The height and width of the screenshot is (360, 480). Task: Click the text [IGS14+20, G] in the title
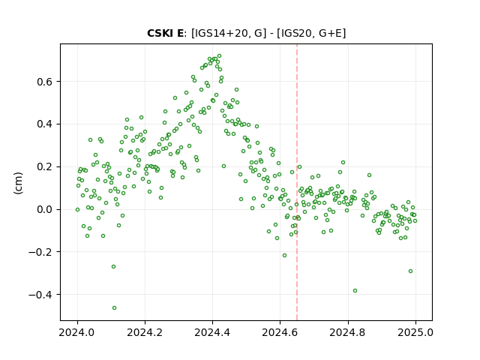226,33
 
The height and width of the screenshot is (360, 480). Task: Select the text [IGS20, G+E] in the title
311,33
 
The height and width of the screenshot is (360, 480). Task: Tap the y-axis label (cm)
18,183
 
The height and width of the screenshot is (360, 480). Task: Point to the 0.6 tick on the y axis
44,82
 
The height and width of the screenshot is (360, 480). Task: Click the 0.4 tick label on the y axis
44,124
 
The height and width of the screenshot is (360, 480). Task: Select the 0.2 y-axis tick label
44,166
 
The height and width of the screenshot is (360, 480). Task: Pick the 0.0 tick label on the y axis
44,210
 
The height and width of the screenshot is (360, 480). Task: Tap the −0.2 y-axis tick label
40,252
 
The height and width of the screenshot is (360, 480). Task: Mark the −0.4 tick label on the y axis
40,295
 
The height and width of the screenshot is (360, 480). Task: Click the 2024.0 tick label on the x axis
77,332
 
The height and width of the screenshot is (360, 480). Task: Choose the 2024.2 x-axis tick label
145,332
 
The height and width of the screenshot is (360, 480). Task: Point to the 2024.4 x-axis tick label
212,332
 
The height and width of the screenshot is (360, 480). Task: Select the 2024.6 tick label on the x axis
280,332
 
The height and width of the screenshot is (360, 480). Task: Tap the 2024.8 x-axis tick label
348,332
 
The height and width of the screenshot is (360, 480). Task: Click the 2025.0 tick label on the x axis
415,332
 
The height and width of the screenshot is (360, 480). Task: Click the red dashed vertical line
297,182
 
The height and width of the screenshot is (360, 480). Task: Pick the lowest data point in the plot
114,307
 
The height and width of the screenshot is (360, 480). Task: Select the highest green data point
219,56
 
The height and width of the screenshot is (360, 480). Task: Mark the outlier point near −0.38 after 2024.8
355,290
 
